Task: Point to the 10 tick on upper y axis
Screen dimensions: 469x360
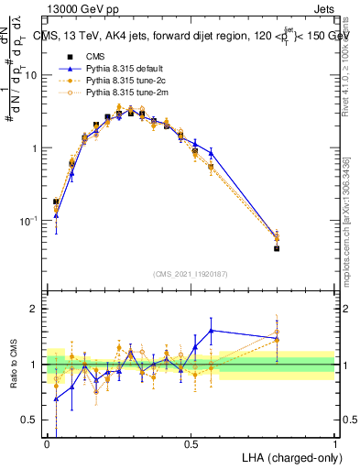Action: (x=35, y=76)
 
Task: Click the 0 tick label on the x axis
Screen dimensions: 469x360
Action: (x=48, y=444)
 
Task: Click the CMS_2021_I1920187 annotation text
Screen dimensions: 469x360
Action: (x=190, y=272)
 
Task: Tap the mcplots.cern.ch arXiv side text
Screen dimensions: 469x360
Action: (x=351, y=229)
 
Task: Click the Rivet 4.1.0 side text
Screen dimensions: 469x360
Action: (x=351, y=64)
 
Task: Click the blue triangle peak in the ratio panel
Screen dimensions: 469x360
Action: (x=212, y=330)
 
